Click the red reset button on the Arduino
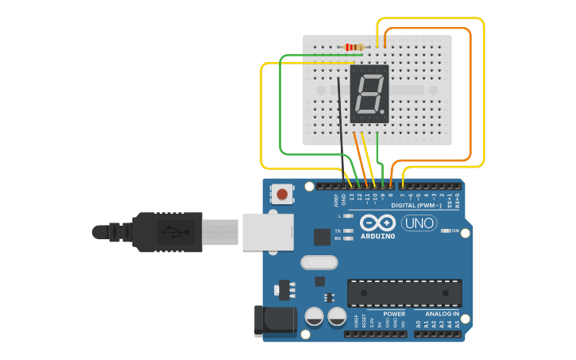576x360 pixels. point(282,193)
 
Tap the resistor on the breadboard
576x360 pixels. point(354,47)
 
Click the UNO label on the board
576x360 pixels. point(419,223)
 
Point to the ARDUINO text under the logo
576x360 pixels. point(377,236)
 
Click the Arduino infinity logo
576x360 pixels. point(377,223)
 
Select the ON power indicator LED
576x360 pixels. point(444,231)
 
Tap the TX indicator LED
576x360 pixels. point(348,230)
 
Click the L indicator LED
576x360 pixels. point(348,216)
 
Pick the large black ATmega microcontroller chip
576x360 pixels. point(404,292)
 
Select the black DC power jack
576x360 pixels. point(274,321)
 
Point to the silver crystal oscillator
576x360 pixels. point(319,262)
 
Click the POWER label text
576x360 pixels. point(394,314)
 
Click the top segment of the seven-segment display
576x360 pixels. point(371,77)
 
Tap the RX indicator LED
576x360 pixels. point(348,238)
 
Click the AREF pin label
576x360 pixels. point(336,201)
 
